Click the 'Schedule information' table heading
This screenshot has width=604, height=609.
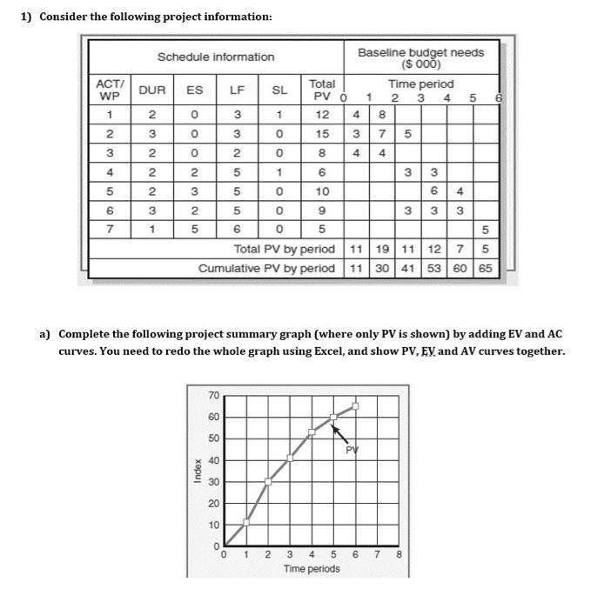pyautogui.click(x=215, y=57)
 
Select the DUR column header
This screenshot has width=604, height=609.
pyautogui.click(x=152, y=90)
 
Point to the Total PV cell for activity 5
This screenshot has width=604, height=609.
pyautogui.click(x=322, y=192)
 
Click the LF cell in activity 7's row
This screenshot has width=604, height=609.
pyautogui.click(x=236, y=231)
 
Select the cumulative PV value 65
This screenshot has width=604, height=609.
pyautogui.click(x=484, y=268)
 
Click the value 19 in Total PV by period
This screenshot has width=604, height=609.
pyautogui.click(x=380, y=250)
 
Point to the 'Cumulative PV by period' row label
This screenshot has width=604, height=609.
pyautogui.click(x=266, y=268)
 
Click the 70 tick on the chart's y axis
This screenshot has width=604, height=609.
pyautogui.click(x=214, y=396)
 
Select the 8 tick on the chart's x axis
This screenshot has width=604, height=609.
pyautogui.click(x=399, y=554)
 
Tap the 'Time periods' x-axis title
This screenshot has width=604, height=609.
pyautogui.click(x=312, y=569)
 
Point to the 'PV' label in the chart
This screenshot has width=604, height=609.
pyautogui.click(x=352, y=450)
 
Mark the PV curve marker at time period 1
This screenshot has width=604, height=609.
pyautogui.click(x=246, y=522)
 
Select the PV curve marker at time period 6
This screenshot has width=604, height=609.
pyautogui.click(x=355, y=405)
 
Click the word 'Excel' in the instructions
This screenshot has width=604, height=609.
pyautogui.click(x=329, y=351)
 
